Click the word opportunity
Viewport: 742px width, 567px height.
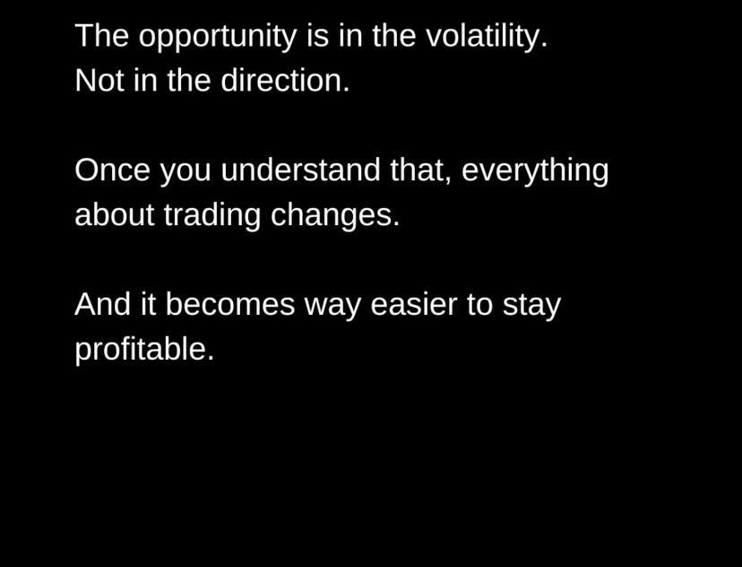[x=218, y=37]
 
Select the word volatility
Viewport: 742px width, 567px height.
[x=487, y=36]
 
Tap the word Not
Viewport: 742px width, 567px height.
[x=99, y=80]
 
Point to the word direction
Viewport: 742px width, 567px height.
[x=285, y=80]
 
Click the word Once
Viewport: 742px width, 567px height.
[x=113, y=170]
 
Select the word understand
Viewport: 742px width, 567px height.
[x=300, y=170]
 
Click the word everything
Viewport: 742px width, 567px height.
[x=535, y=171]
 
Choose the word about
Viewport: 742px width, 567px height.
[x=115, y=214]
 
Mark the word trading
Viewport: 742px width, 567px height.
[x=212, y=216]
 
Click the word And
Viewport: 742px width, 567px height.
[x=103, y=303]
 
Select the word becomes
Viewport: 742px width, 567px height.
[x=230, y=303]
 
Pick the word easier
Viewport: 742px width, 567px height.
[x=414, y=303]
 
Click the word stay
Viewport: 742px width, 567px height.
[x=532, y=306]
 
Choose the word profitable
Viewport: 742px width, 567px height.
[x=145, y=350]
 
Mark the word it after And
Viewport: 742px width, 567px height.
[x=148, y=303]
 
